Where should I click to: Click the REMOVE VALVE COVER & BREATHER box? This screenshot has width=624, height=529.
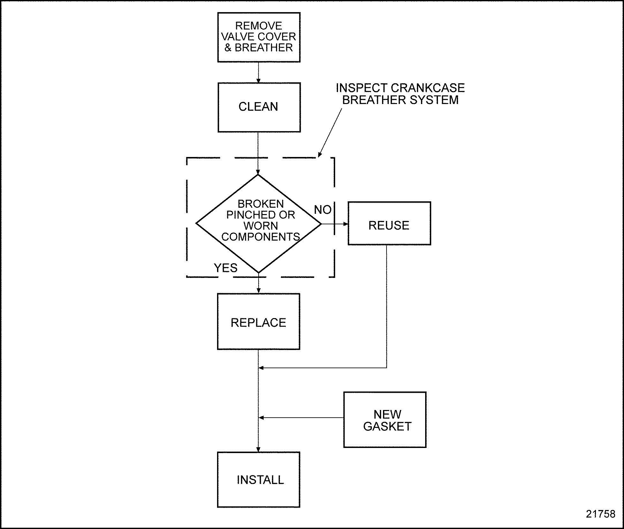point(259,37)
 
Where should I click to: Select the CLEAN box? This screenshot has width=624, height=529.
point(259,107)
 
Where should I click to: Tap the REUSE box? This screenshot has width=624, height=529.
point(389,223)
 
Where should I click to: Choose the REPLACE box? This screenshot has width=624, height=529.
point(259,321)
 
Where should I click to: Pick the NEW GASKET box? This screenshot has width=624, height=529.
point(385,420)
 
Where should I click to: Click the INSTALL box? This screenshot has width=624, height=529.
point(259,479)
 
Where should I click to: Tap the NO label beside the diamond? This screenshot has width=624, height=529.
point(323,210)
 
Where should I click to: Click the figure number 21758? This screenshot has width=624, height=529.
point(600,514)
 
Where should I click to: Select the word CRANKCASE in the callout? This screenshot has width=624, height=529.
point(427,88)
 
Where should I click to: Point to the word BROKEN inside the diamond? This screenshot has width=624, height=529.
point(260,204)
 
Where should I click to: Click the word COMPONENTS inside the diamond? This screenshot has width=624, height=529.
point(260,237)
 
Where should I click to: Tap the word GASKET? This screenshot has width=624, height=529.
point(387,427)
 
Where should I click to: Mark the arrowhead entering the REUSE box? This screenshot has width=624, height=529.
point(346,224)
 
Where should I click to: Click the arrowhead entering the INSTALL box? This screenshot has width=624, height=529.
point(258,450)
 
